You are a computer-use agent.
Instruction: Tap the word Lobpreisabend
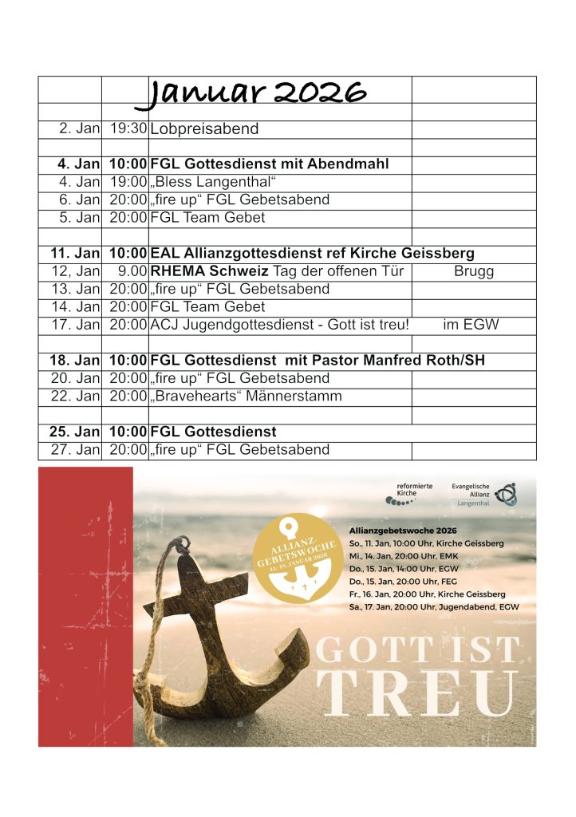pyautogui.click(x=204, y=128)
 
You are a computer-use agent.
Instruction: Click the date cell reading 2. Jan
pyautogui.click(x=79, y=128)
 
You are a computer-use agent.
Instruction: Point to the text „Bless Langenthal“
pyautogui.click(x=207, y=182)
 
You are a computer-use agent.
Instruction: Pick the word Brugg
pyautogui.click(x=474, y=271)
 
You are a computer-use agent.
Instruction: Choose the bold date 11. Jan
pyautogui.click(x=75, y=254)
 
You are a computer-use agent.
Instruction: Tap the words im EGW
pyautogui.click(x=471, y=325)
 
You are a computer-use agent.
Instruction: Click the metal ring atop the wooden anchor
pyautogui.click(x=182, y=545)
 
